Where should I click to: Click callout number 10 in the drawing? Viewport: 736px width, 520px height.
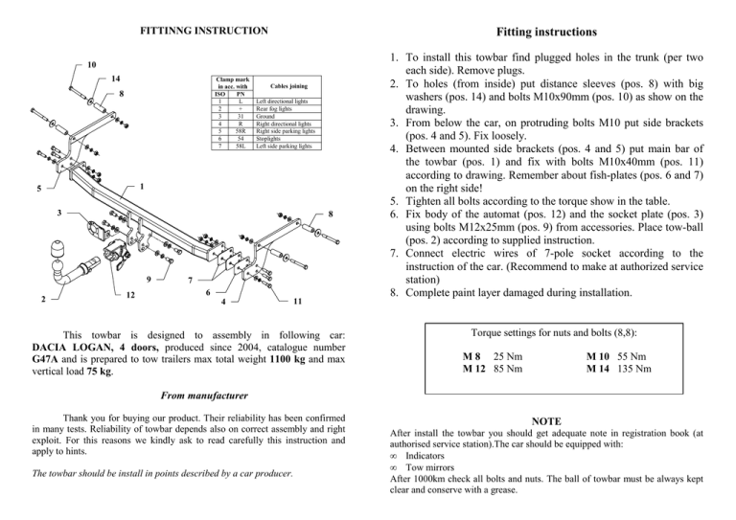(91, 65)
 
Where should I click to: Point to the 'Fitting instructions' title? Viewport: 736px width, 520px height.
(556, 18)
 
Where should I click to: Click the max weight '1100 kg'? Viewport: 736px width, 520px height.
(271, 363)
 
